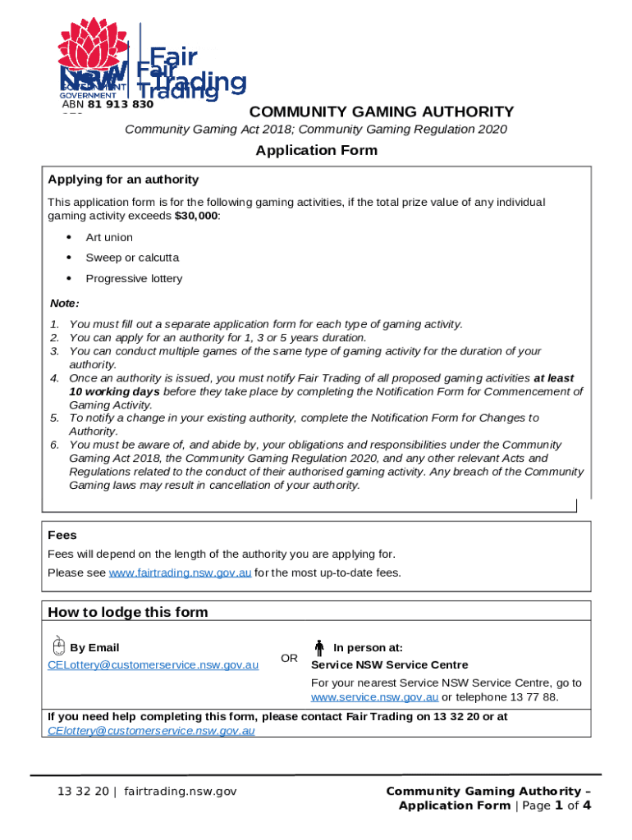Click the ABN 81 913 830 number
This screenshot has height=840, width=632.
point(108,104)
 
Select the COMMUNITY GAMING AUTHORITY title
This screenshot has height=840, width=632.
point(382,112)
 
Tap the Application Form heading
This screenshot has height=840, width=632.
point(316,150)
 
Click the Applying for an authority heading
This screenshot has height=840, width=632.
point(123,180)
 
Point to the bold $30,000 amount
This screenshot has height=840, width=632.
point(197,216)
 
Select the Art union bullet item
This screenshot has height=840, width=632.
point(109,238)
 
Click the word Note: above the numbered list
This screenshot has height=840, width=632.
point(65,304)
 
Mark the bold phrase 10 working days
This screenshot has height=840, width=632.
point(114,391)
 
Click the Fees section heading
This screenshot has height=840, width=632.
point(62,535)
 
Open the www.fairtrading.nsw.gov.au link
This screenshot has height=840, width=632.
point(180,573)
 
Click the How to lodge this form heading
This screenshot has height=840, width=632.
point(128,612)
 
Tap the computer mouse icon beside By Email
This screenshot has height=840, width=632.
point(59,646)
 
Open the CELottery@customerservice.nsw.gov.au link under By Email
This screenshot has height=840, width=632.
point(153,664)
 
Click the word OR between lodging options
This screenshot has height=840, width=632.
point(290,658)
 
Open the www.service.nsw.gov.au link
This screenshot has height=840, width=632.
point(374,697)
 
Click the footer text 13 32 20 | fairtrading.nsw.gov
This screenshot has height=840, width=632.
point(147,791)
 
